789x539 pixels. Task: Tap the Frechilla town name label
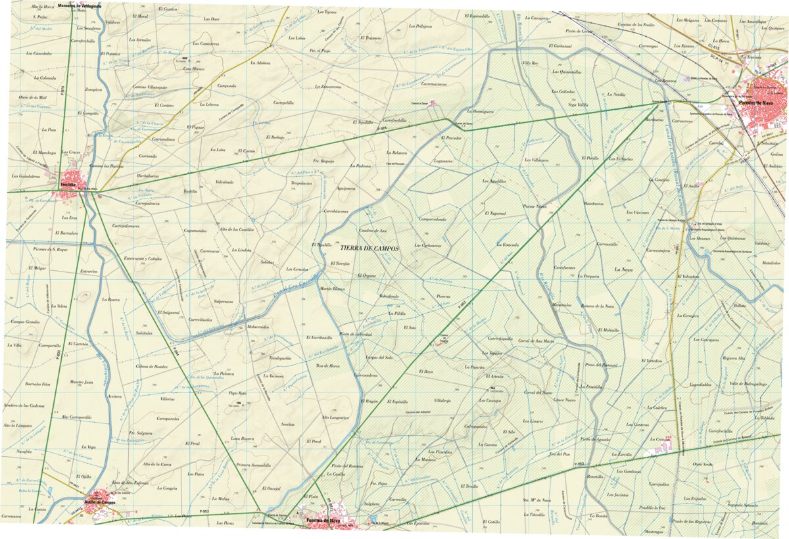tap(68, 185)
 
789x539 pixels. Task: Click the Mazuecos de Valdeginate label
tap(80, 5)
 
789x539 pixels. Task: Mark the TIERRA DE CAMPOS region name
tap(370, 249)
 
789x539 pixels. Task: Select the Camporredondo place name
tap(431, 219)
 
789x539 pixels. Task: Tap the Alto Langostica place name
tap(335, 417)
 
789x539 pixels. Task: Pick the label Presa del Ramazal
tap(598, 364)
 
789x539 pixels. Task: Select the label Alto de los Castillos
tap(237, 229)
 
